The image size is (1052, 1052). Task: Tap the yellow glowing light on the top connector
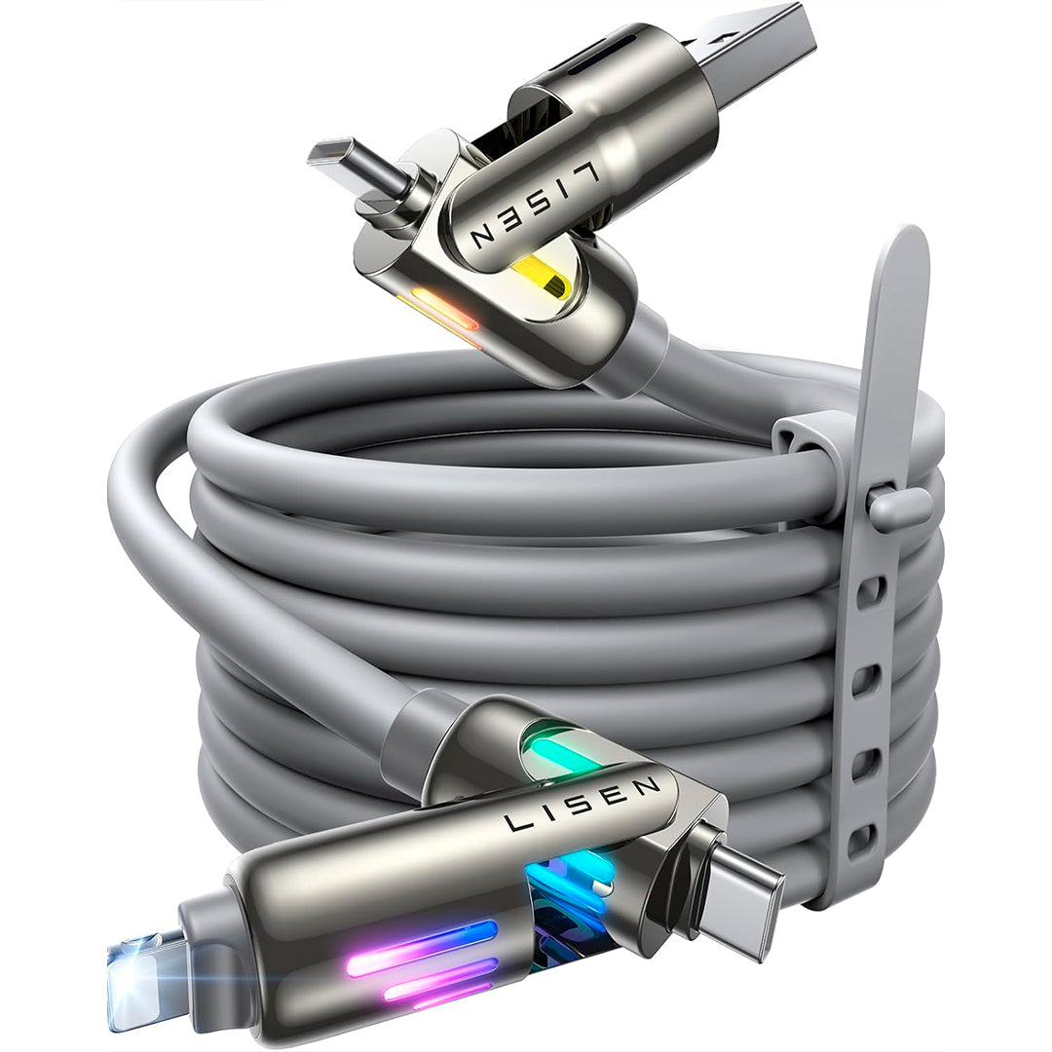(542, 279)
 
